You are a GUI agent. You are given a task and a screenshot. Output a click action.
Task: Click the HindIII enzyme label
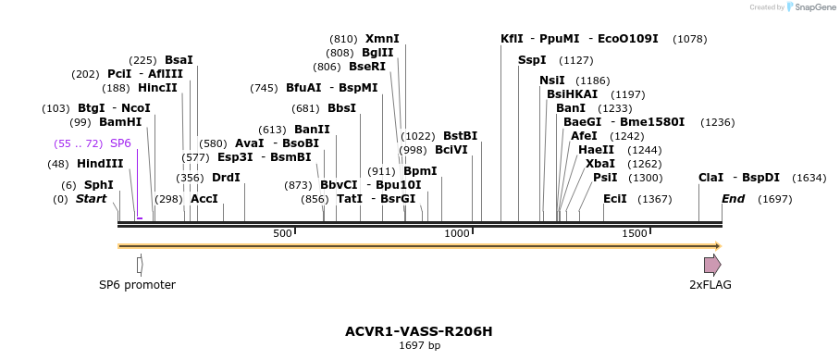point(100,164)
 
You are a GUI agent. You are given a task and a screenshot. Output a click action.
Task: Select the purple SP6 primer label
point(120,143)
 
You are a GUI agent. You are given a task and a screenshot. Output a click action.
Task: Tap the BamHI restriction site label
point(120,122)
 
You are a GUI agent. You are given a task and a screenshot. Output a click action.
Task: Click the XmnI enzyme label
point(382,39)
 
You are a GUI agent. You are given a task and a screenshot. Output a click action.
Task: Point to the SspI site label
point(532,60)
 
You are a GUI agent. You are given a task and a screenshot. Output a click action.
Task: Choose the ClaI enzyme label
point(710,178)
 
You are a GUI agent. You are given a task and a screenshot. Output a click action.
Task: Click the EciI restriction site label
point(614,199)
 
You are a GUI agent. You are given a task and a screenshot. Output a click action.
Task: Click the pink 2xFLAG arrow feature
point(712,265)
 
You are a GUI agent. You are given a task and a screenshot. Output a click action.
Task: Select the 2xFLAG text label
point(710,285)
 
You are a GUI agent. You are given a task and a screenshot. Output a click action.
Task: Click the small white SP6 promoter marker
point(140,265)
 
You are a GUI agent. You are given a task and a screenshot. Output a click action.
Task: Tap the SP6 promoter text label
point(137,285)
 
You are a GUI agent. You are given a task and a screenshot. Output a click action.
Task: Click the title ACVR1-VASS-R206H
point(419,330)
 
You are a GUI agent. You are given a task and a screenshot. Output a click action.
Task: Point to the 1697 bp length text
point(419,345)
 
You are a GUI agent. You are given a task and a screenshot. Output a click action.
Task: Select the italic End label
point(733,199)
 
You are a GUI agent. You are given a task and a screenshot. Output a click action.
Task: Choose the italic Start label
point(91,199)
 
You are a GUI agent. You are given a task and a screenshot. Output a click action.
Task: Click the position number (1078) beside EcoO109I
point(690,39)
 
